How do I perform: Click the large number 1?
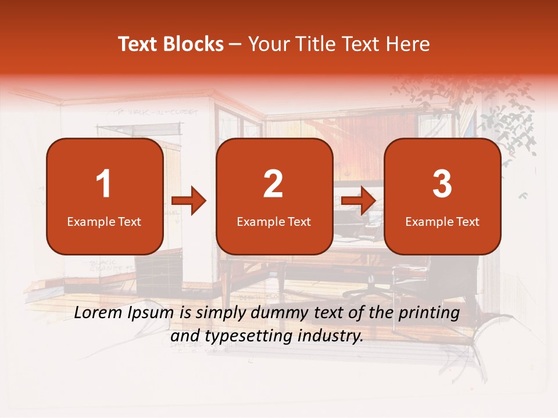104,184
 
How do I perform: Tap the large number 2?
273,184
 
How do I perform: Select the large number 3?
442,184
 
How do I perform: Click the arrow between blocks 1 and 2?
189,201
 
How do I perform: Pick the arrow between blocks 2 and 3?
358,201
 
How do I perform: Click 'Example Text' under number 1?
104,221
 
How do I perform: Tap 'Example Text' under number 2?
274,221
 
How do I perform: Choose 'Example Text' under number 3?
442,221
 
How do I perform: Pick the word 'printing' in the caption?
428,314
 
